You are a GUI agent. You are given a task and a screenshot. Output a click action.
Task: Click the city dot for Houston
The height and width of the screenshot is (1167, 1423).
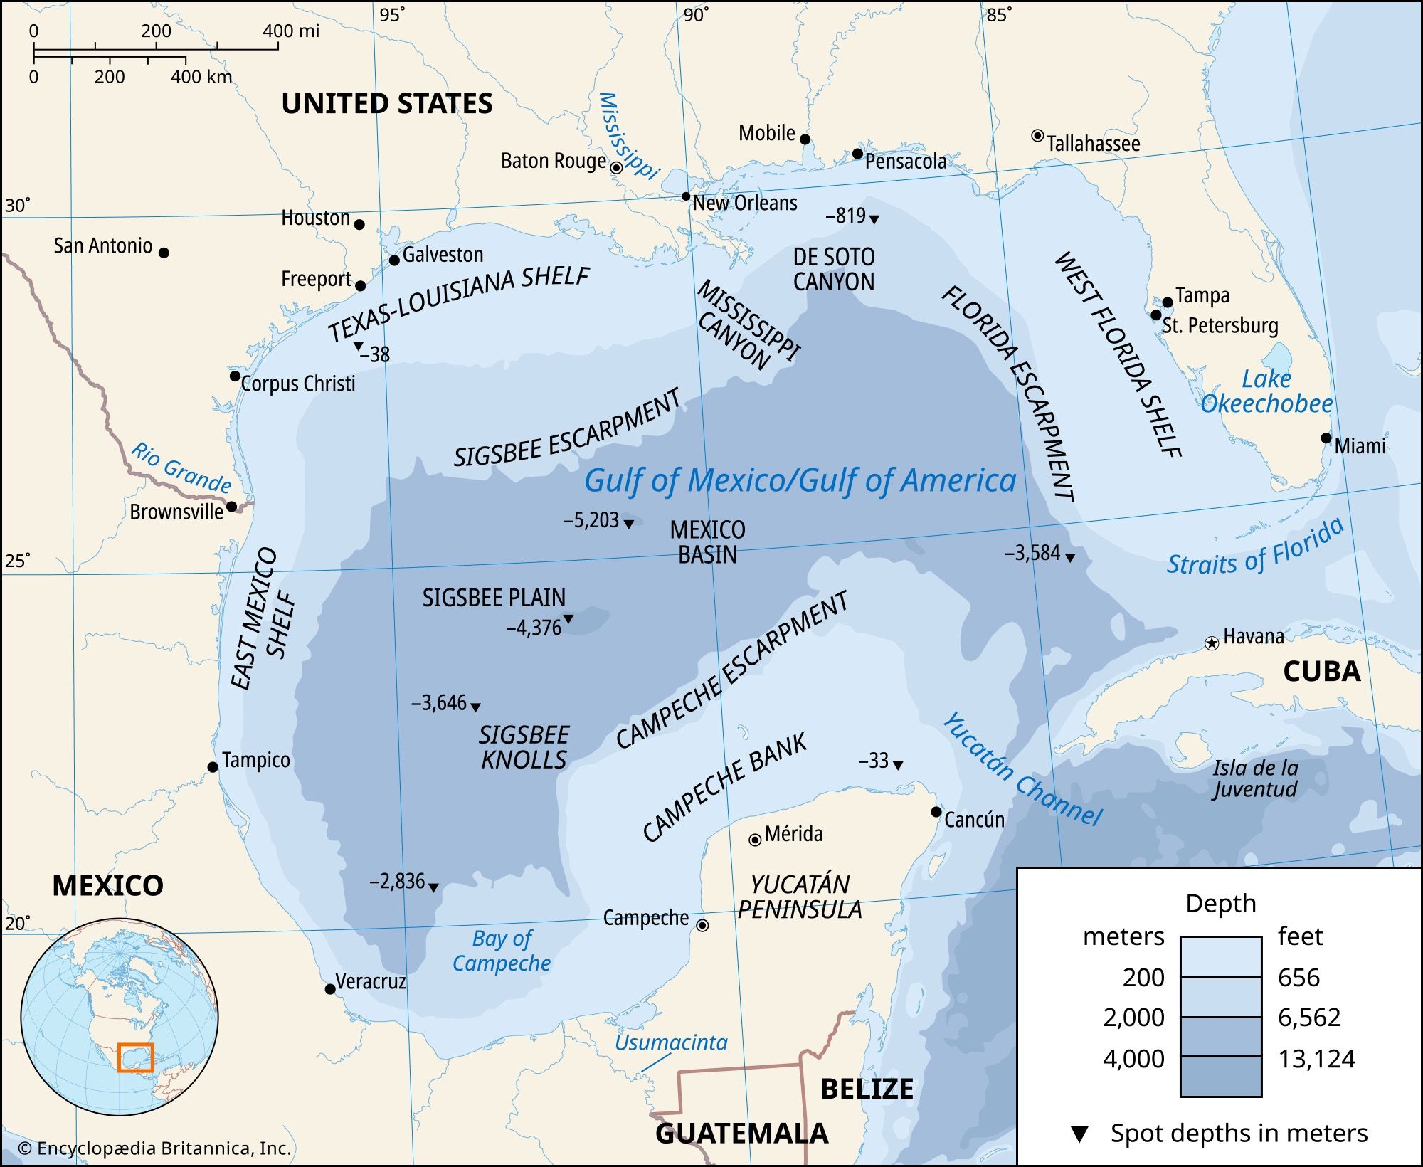coord(359,224)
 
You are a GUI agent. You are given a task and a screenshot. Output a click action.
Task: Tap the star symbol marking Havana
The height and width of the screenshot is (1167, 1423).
coord(1211,643)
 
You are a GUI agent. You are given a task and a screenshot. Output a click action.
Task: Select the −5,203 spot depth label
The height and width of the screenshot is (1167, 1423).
coord(591,520)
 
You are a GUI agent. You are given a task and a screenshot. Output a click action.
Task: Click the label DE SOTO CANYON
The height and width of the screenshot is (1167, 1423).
coord(833,269)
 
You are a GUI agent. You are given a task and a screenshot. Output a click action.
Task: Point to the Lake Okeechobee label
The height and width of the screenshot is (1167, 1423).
coord(1266,391)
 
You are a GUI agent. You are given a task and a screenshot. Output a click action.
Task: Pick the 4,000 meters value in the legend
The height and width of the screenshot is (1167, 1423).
coord(1133,1059)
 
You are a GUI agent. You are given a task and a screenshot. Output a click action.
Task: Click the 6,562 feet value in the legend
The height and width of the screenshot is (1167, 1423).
coord(1308,1018)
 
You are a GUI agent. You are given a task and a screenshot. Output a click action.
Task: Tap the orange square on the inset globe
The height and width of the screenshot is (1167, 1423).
coord(135,1057)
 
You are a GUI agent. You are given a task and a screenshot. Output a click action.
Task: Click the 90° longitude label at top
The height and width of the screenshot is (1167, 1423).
coord(695,15)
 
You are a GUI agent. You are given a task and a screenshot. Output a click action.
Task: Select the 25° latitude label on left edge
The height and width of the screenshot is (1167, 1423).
coord(17,561)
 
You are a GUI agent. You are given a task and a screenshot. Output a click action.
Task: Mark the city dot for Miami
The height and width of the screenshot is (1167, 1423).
coord(1326,438)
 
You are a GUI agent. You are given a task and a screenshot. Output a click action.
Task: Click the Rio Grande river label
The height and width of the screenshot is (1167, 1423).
coord(181,468)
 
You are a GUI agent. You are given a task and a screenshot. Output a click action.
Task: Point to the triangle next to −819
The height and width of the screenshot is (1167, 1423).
coord(874,219)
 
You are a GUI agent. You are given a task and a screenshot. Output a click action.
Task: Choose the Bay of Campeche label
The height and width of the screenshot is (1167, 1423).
coord(502,951)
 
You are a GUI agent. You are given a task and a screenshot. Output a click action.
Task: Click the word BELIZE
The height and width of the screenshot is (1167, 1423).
coord(867,1089)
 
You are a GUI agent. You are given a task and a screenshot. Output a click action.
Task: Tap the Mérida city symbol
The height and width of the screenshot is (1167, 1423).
coord(755,840)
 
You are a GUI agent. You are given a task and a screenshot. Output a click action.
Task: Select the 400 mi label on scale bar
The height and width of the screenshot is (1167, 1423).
coord(290,31)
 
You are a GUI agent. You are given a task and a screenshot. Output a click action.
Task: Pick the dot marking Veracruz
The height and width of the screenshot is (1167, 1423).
coord(330,989)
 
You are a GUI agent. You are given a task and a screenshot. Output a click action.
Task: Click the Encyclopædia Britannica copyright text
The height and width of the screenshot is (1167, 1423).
coord(155,1148)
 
